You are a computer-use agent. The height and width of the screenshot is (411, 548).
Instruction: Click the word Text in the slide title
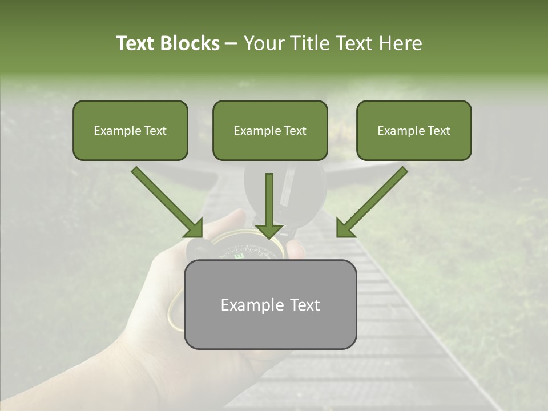(135, 43)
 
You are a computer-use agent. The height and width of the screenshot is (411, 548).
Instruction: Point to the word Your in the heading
(264, 43)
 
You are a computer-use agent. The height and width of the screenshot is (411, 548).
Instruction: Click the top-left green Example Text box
(130, 130)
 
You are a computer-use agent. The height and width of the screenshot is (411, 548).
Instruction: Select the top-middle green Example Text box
(270, 130)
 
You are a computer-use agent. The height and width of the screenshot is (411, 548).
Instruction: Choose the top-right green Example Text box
(414, 130)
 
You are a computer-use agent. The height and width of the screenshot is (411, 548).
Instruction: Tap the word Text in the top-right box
(438, 131)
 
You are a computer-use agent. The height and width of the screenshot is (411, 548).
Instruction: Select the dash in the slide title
(231, 44)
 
